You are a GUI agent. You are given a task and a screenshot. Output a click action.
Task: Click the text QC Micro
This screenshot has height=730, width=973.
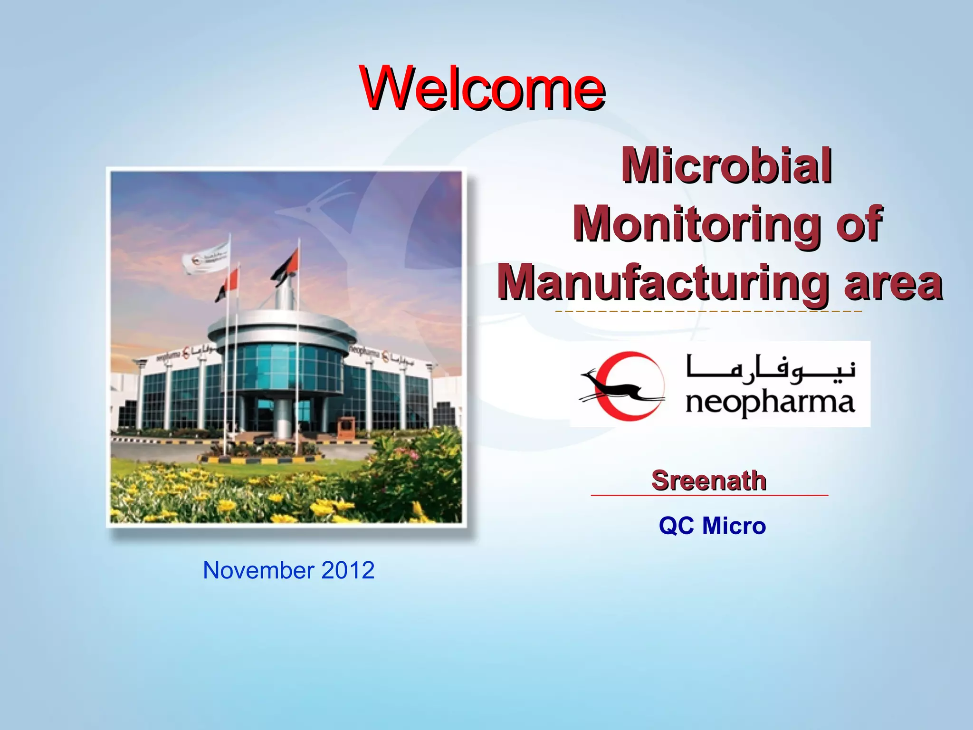click(712, 526)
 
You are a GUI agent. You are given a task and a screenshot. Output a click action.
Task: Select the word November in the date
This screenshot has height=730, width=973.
click(258, 570)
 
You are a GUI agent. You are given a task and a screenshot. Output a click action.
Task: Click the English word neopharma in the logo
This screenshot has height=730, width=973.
click(770, 403)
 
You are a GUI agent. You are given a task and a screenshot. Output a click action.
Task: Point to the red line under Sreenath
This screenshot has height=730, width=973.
click(709, 495)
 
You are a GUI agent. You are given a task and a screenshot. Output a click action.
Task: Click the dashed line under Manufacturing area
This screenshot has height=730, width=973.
click(708, 311)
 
